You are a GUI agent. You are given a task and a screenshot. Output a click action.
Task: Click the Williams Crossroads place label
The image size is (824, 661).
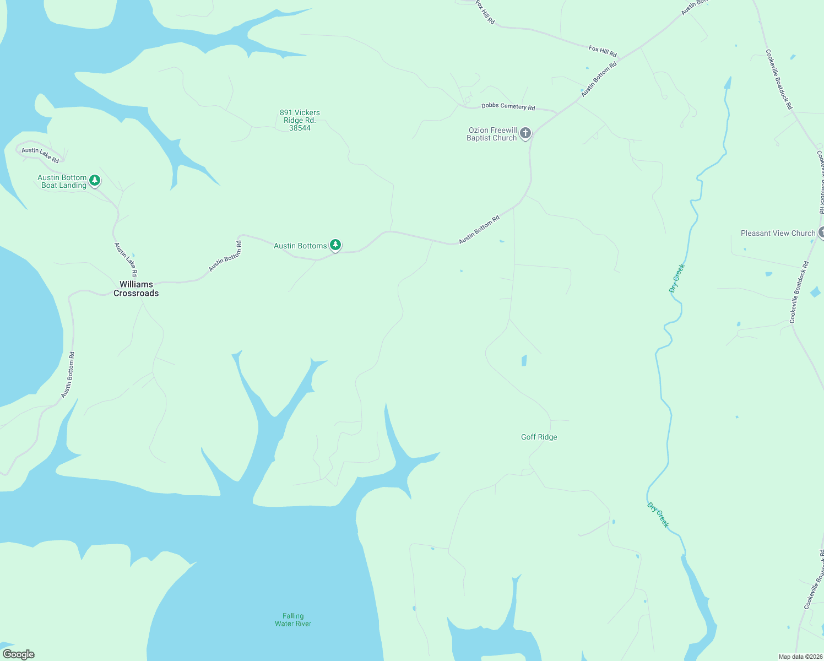[136, 289]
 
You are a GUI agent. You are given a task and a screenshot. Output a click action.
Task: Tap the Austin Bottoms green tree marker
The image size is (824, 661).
[335, 245]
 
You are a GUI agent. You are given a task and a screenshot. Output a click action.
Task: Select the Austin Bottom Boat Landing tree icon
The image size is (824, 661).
[95, 180]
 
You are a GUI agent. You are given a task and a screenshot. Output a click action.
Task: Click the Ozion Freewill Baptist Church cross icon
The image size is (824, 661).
[525, 133]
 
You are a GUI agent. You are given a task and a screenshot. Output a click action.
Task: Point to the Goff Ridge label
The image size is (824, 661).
[539, 437]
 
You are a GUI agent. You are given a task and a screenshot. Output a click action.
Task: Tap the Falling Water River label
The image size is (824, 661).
[293, 620]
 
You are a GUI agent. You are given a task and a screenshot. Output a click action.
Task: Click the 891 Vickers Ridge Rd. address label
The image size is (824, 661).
[300, 120]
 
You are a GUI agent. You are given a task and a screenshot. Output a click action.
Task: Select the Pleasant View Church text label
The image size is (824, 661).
[777, 233]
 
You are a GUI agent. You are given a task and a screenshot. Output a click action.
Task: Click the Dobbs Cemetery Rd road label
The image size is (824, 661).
[508, 106]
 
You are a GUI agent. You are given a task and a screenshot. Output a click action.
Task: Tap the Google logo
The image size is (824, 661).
[19, 654]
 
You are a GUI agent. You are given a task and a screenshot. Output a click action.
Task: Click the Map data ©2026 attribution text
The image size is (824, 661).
[800, 657]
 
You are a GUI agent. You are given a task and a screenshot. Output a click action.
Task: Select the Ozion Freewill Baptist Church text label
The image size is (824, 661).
[492, 134]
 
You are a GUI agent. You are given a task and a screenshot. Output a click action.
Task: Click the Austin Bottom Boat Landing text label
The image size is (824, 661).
[62, 181]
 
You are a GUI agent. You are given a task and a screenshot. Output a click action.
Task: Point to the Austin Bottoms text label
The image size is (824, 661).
[300, 246]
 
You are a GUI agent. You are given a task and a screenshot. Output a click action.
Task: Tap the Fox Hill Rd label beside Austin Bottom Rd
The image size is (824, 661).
[603, 51]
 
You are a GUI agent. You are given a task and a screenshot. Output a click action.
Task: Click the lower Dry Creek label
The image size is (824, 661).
[658, 515]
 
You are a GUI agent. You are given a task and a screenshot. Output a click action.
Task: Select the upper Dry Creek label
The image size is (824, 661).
[677, 278]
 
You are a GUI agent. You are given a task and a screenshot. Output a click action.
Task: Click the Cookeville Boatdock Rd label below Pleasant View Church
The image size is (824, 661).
[799, 292]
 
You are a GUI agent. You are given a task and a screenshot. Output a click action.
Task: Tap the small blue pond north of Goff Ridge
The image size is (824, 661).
[524, 361]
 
